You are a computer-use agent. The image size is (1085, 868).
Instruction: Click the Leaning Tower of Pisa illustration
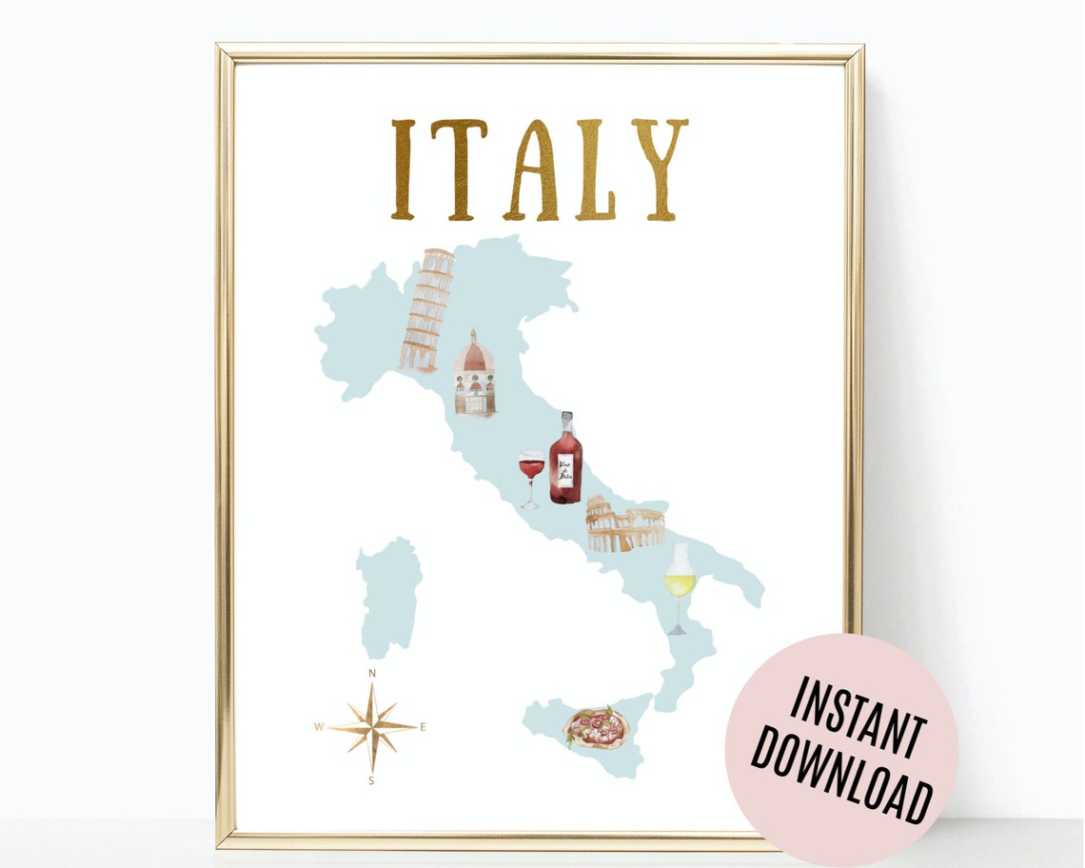tap(425, 309)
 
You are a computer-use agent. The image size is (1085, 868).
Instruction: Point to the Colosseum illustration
tap(624, 526)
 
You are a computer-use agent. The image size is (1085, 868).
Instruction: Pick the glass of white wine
tap(679, 582)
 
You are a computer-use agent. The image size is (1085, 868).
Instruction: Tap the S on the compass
tap(371, 781)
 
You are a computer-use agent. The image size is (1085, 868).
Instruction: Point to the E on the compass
tap(423, 728)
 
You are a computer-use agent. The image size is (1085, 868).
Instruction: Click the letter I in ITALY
tap(404, 169)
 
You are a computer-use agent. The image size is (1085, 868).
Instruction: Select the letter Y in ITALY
tap(659, 169)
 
